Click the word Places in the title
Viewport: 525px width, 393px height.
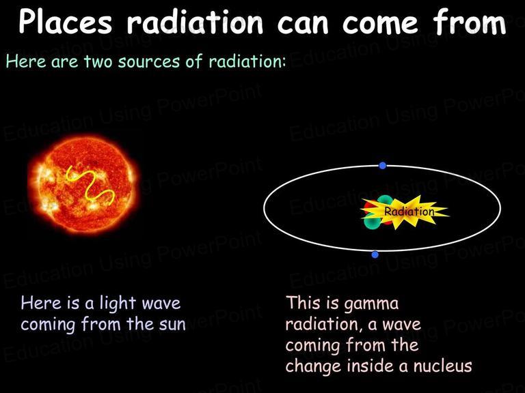(x=66, y=22)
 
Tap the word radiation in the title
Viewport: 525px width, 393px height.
(x=195, y=22)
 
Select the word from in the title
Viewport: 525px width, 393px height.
(x=469, y=22)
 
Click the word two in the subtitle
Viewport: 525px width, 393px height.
(x=98, y=61)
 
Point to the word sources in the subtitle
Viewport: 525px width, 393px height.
(x=148, y=62)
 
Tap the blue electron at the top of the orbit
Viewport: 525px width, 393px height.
(x=382, y=165)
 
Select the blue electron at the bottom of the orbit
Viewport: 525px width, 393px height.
(x=375, y=254)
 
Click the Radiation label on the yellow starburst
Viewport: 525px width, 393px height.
(x=409, y=212)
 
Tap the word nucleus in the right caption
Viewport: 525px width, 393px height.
(x=443, y=366)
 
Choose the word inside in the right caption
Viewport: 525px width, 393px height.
(x=371, y=366)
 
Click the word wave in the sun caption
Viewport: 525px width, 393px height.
(x=161, y=304)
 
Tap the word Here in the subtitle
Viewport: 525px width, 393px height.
(x=26, y=61)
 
